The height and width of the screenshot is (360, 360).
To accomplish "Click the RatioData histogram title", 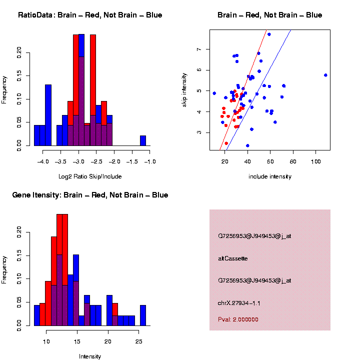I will pyautogui.click(x=90, y=15).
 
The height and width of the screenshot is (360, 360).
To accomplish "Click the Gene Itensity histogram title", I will pyautogui.click(x=90, y=195).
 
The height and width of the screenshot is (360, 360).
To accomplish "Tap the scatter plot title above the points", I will pyautogui.click(x=269, y=15).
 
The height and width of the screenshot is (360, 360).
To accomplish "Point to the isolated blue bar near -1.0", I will pyautogui.click(x=143, y=142).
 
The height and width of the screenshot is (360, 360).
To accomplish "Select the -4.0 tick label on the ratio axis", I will pyautogui.click(x=43, y=161).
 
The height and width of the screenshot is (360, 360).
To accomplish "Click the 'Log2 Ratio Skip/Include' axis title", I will pyautogui.click(x=89, y=176).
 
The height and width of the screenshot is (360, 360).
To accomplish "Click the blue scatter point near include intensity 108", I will pyautogui.click(x=325, y=75).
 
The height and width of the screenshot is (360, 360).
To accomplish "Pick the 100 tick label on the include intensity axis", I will pyautogui.click(x=315, y=161).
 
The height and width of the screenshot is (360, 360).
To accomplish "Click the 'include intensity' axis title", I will pyautogui.click(x=269, y=176).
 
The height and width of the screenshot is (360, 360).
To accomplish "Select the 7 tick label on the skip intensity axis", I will pyautogui.click(x=199, y=49).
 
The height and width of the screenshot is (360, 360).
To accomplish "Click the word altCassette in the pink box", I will pyautogui.click(x=232, y=258).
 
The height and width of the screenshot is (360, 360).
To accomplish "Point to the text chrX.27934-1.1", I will pyautogui.click(x=239, y=303).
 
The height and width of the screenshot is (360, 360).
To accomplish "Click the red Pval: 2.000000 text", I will pyautogui.click(x=238, y=319).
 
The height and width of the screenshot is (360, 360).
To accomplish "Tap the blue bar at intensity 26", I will pyautogui.click(x=143, y=315).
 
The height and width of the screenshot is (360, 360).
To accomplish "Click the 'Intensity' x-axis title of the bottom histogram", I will pyautogui.click(x=90, y=356).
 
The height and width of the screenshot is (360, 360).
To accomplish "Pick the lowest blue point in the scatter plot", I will pyautogui.click(x=247, y=145).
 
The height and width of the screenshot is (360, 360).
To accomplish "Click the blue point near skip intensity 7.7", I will pyautogui.click(x=269, y=34).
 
